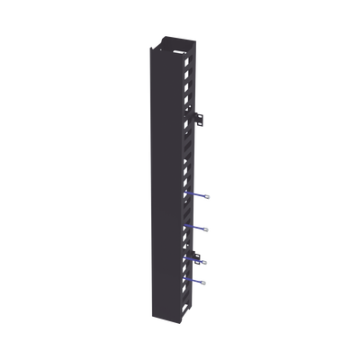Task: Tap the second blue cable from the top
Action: click(200, 226)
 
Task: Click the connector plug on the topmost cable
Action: click(208, 193)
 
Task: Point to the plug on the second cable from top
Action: click(208, 226)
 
